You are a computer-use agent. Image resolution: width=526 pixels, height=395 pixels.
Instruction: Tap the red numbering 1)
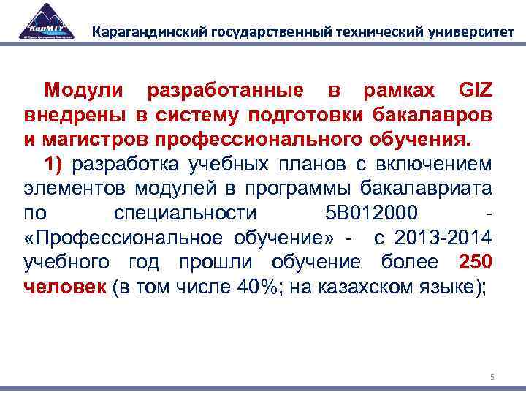pos(56,164)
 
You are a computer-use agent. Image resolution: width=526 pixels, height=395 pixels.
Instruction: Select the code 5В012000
pos(370,214)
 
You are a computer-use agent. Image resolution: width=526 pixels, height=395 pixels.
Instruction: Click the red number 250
pos(476,262)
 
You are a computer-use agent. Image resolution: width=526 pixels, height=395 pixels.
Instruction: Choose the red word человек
pos(65,287)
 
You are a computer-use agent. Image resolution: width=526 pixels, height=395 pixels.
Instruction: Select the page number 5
pos(492,377)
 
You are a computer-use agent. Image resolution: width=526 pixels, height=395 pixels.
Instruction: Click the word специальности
pos(186,214)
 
